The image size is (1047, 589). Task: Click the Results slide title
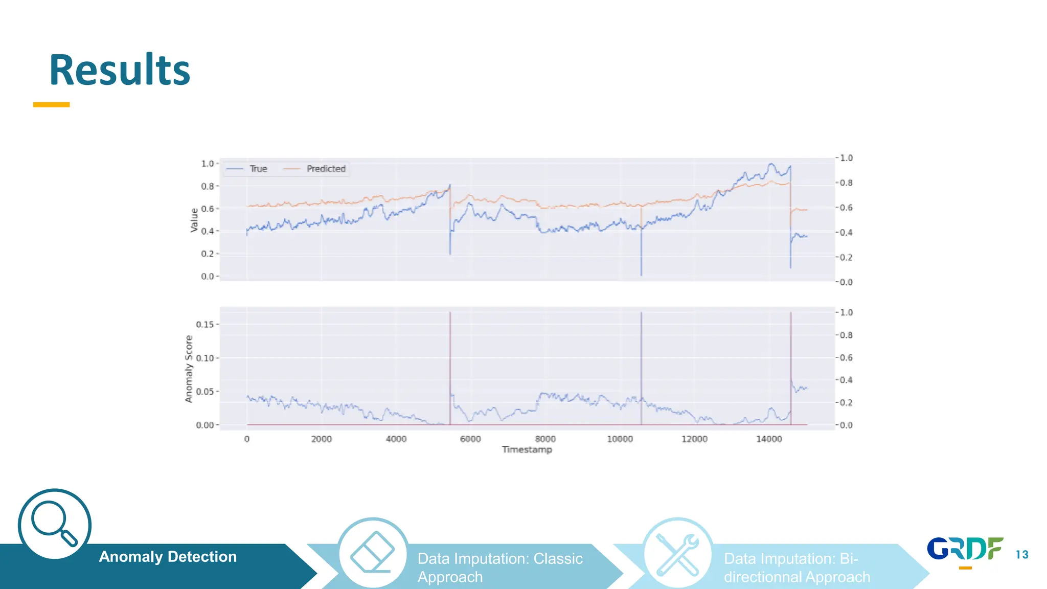tap(120, 70)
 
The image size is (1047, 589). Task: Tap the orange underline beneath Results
tap(51, 105)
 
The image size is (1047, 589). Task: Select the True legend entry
tap(258, 169)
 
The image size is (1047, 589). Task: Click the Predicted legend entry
tap(326, 169)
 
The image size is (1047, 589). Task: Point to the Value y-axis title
tap(194, 220)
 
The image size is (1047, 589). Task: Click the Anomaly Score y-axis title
tap(189, 369)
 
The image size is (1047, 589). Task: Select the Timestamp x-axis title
tap(527, 449)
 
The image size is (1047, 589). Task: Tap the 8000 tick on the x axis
tap(545, 439)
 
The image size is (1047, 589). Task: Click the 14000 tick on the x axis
tap(769, 439)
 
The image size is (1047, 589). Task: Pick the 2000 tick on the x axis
tap(321, 439)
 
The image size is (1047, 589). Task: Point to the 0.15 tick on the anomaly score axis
tap(204, 325)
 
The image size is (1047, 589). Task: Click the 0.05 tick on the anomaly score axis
tap(204, 392)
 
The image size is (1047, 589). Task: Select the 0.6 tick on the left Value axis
tap(207, 209)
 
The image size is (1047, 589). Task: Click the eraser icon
tap(373, 553)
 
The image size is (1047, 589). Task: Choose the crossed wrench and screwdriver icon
tap(677, 554)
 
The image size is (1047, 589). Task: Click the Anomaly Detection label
tap(168, 557)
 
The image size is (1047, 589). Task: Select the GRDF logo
tap(965, 550)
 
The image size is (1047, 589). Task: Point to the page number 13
tap(1022, 555)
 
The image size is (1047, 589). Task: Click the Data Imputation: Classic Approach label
tap(499, 568)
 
